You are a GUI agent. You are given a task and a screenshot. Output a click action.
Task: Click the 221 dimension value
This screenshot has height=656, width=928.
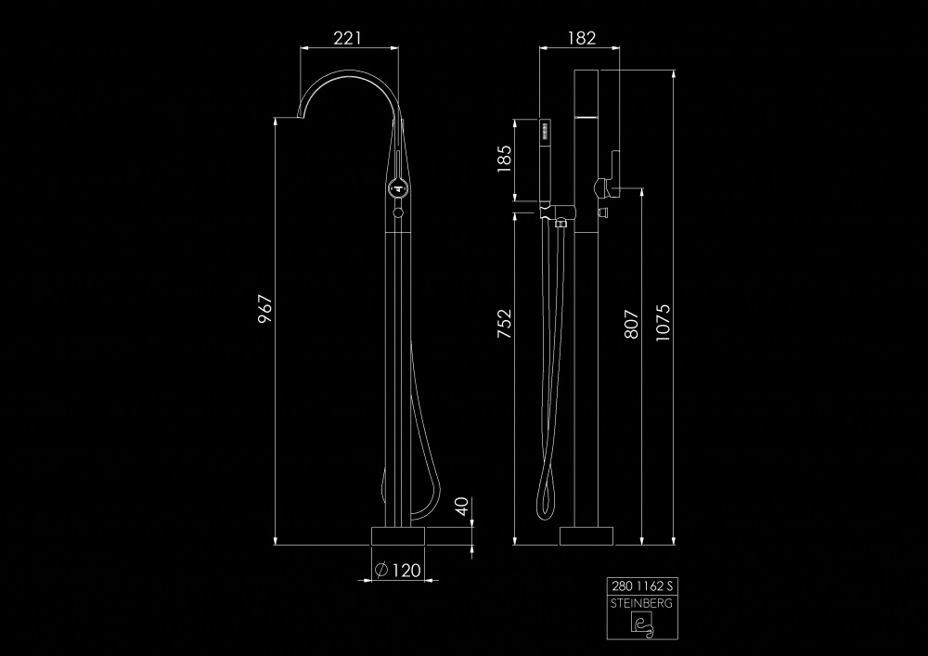(347, 38)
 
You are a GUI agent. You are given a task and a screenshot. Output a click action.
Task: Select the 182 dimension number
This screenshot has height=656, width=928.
(582, 38)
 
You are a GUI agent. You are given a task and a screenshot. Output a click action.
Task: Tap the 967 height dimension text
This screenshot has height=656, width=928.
(265, 309)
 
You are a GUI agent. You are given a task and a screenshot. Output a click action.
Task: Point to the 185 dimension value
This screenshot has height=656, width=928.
(504, 159)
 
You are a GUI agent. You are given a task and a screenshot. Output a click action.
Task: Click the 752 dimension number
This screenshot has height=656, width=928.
(504, 324)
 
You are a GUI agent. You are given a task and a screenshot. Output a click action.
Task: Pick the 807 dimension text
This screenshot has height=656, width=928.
(631, 324)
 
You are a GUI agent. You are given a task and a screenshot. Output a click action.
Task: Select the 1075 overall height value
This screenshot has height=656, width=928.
(663, 322)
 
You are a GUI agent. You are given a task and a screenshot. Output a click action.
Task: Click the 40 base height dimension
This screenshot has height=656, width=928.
(461, 507)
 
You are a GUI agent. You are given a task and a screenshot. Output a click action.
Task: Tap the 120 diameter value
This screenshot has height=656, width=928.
(406, 571)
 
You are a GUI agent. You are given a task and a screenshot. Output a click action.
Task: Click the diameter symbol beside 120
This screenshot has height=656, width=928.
(381, 570)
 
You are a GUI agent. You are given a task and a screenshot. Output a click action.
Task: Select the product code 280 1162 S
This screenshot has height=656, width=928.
(642, 586)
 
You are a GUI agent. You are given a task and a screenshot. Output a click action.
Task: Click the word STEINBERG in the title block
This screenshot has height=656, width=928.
(642, 603)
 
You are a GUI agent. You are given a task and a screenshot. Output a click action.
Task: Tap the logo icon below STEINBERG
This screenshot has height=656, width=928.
(642, 624)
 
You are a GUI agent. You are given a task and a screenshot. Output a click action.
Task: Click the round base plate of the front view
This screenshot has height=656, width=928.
(398, 536)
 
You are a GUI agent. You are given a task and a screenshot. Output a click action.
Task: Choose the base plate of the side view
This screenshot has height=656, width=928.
(586, 536)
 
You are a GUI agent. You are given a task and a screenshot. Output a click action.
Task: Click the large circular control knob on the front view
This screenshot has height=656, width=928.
(398, 189)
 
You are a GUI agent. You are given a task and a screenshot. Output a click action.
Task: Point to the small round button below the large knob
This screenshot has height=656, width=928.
(398, 212)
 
